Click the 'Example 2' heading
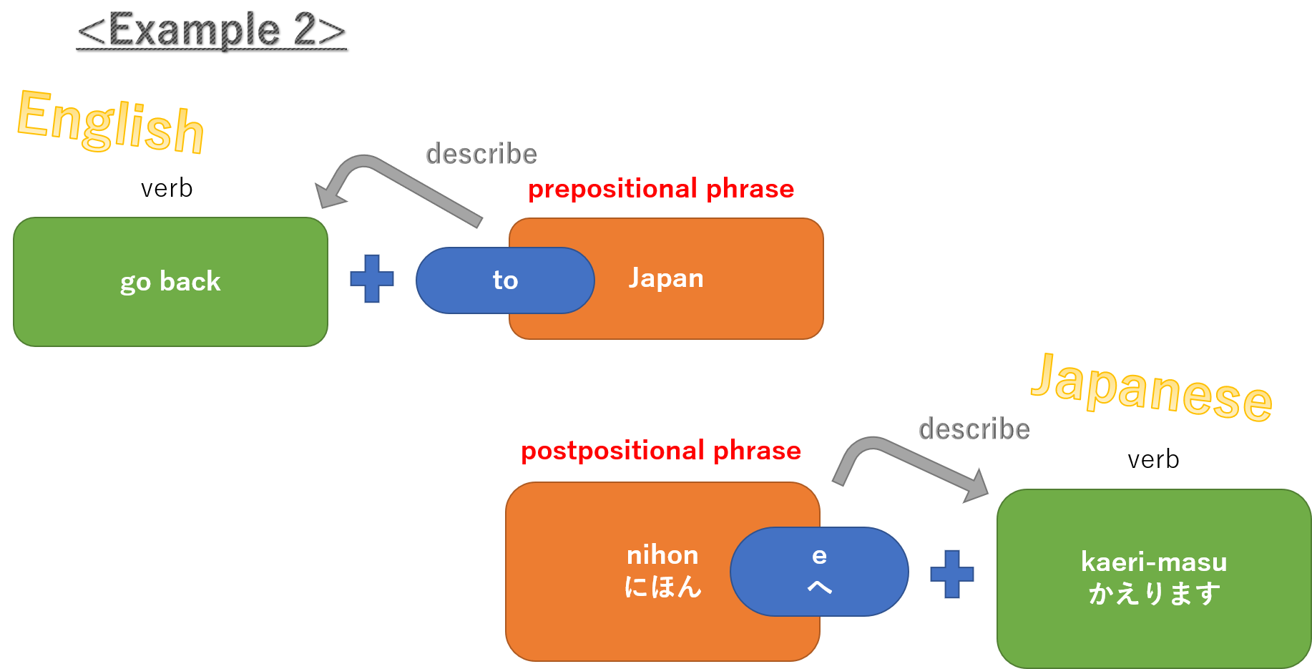tap(211, 30)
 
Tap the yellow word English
tap(111, 122)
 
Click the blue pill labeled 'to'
tap(505, 280)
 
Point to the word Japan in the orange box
tap(666, 278)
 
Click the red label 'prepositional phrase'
tap(661, 189)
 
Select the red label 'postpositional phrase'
tap(660, 451)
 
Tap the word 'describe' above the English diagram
tap(481, 154)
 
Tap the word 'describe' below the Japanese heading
tap(974, 429)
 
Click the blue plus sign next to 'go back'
tap(372, 279)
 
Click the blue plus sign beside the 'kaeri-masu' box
tap(952, 574)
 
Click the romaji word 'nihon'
tap(662, 555)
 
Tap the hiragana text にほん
tap(662, 587)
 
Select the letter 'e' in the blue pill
tap(820, 556)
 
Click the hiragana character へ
tap(820, 587)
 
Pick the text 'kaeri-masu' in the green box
tap(1154, 562)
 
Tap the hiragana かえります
tap(1154, 594)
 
